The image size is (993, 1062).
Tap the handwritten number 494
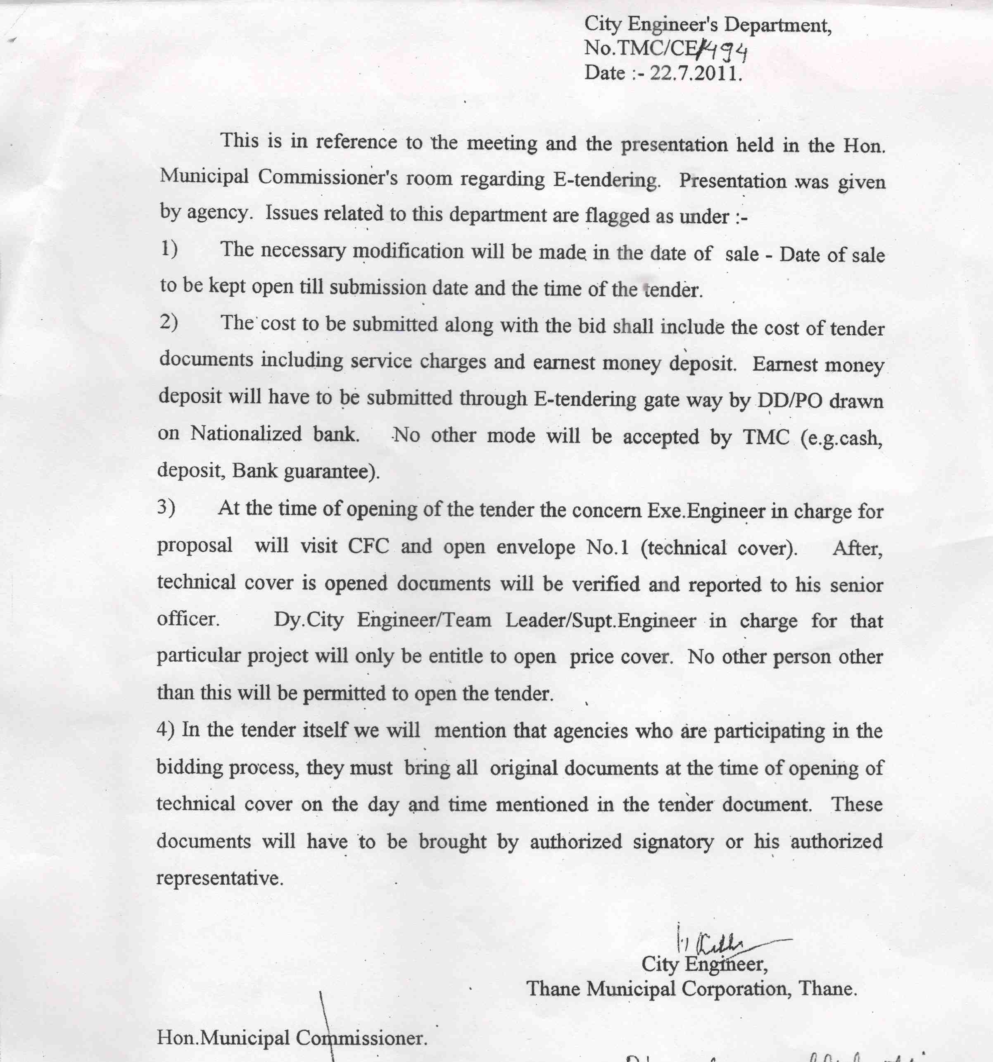(x=723, y=51)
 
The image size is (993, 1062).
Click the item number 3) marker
(x=166, y=507)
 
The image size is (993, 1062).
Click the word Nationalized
(x=246, y=433)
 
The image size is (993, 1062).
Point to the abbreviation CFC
(x=368, y=546)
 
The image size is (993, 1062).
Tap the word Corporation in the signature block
(x=737, y=989)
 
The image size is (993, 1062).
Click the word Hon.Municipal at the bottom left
(x=223, y=1038)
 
